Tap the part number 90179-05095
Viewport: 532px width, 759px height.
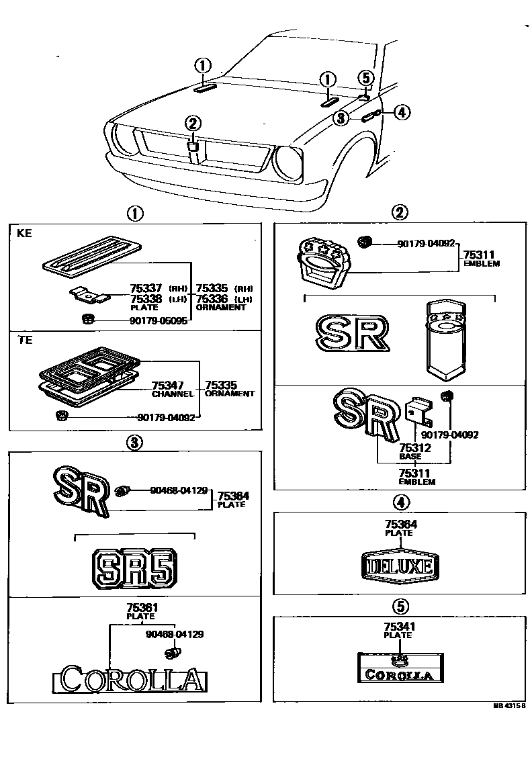click(160, 320)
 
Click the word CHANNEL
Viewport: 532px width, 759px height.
click(173, 394)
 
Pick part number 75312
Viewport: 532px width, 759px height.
click(414, 447)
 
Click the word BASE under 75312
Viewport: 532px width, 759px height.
click(410, 456)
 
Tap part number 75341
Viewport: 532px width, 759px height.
click(398, 626)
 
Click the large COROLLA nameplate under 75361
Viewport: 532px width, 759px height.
click(130, 680)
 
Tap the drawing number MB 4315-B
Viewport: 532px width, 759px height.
click(508, 706)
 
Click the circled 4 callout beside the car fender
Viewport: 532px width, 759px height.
click(401, 112)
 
